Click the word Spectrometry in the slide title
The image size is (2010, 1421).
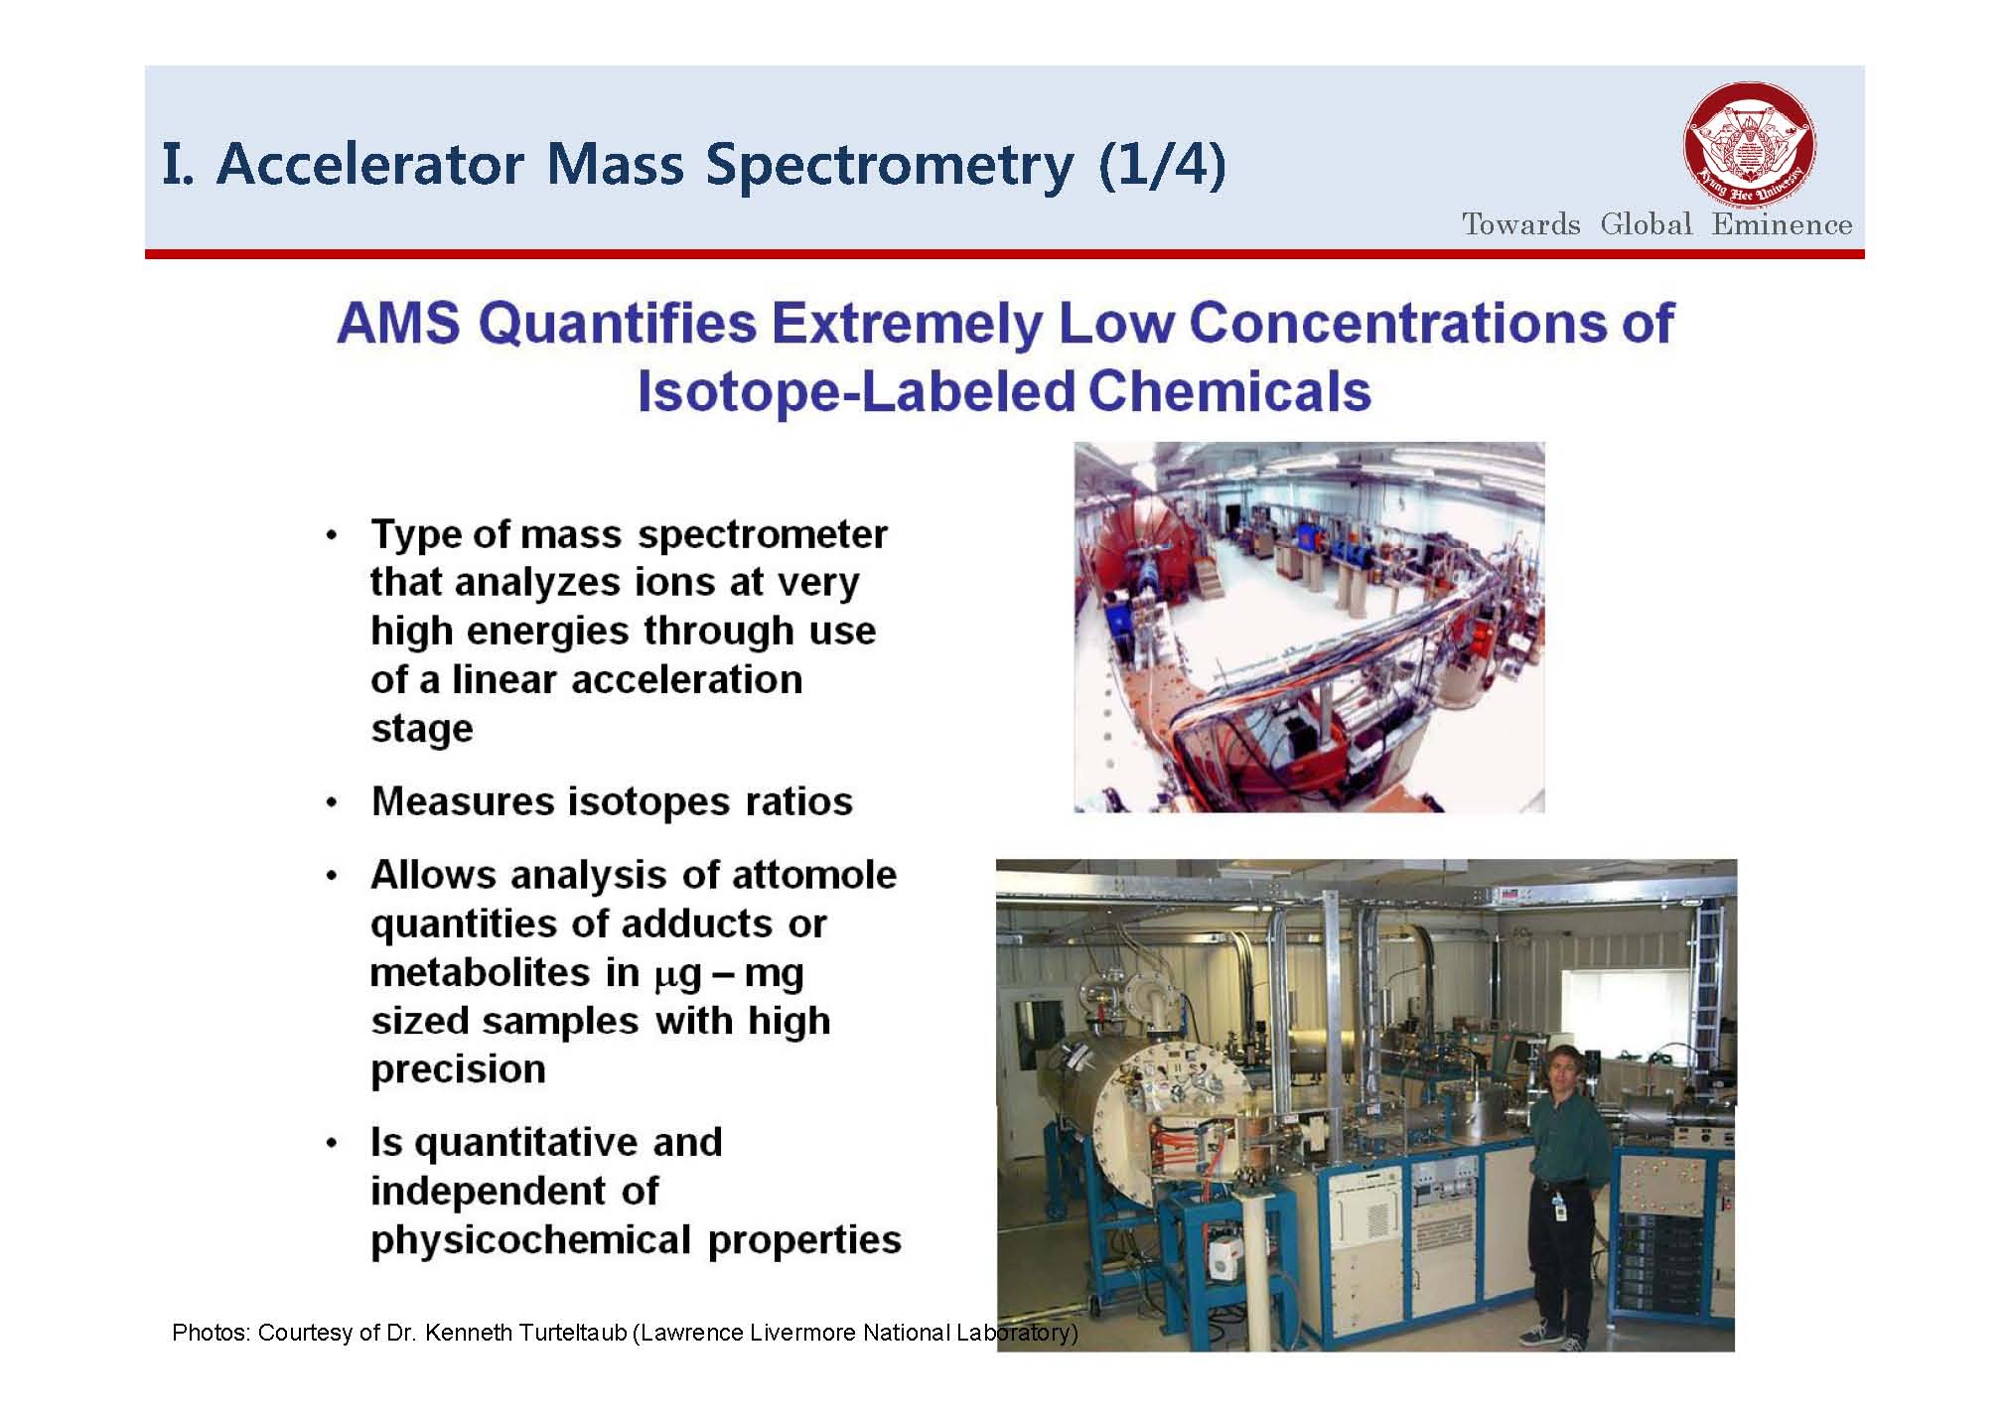(890, 165)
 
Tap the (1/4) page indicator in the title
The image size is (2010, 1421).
(1163, 165)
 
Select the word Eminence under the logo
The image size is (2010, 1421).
(1782, 224)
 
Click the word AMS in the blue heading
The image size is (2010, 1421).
(398, 323)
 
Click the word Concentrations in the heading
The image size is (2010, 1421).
(1397, 323)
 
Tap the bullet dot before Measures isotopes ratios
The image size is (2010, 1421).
(333, 802)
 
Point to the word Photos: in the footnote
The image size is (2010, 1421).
(210, 1333)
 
